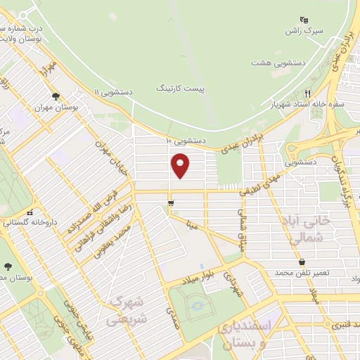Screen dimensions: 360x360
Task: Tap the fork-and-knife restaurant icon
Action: [x=307, y=94]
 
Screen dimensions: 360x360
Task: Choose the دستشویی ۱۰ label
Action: [x=186, y=141]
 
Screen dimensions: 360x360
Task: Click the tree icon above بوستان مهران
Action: [x=55, y=97]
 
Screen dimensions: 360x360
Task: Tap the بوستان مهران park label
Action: [x=56, y=109]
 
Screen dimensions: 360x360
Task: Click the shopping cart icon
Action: [x=171, y=203]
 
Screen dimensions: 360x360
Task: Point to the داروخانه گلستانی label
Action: [x=30, y=223]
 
